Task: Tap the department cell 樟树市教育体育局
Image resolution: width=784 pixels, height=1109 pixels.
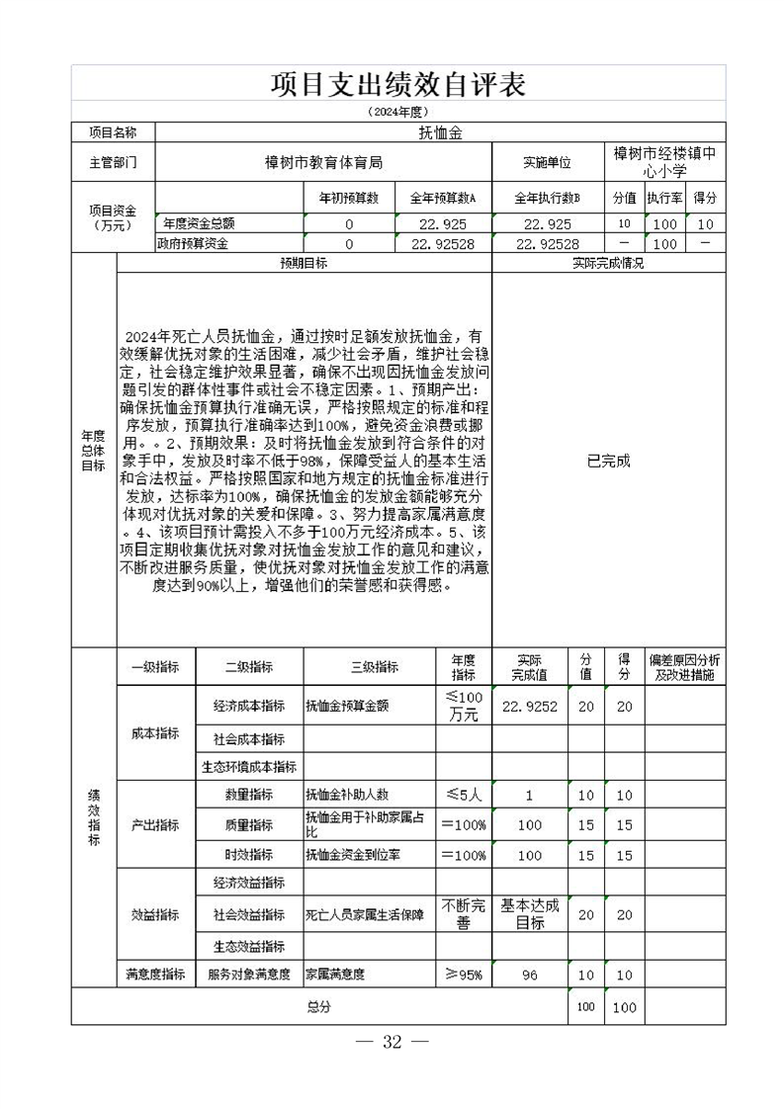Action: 323,162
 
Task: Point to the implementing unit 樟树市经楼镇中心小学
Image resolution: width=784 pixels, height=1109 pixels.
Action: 663,162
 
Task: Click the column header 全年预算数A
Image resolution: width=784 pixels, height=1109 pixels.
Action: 443,198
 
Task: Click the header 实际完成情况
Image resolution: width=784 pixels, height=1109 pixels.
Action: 608,264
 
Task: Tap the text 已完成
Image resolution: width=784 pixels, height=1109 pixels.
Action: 608,461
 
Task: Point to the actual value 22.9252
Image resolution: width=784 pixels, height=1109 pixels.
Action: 530,706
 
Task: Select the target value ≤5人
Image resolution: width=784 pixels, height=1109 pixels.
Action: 463,795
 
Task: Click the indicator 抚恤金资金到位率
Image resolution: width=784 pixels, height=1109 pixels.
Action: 354,855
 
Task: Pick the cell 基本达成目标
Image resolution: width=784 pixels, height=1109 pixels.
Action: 530,914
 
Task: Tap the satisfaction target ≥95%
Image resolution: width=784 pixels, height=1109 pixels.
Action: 463,975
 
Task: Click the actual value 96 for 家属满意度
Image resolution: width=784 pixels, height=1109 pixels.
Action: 530,975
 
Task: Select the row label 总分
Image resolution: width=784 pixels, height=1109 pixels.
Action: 318,1006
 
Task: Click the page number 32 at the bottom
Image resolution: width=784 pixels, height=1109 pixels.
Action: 392,1043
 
